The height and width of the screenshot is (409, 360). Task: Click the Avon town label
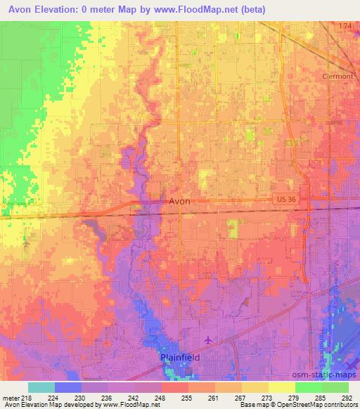(179, 201)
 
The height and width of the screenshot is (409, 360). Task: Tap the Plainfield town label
(179, 357)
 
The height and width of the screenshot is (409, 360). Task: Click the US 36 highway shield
(285, 200)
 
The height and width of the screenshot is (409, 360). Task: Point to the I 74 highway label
(343, 26)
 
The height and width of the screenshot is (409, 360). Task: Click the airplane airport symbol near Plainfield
(208, 340)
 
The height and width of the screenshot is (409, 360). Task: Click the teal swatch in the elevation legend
(41, 387)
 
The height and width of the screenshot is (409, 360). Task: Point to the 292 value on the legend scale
(348, 397)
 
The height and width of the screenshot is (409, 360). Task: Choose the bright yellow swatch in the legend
(281, 387)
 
